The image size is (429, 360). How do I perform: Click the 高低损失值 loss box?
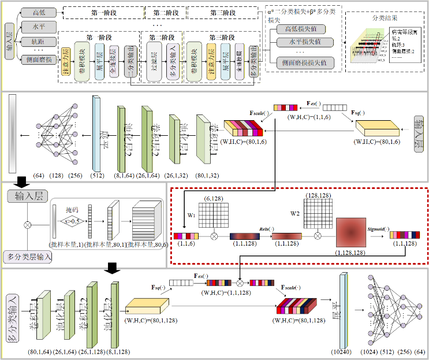pos(301,29)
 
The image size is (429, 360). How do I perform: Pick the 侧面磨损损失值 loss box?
pos(301,62)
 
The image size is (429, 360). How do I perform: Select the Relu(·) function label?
pos(280,228)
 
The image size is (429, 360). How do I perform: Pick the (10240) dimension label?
pos(344,352)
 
